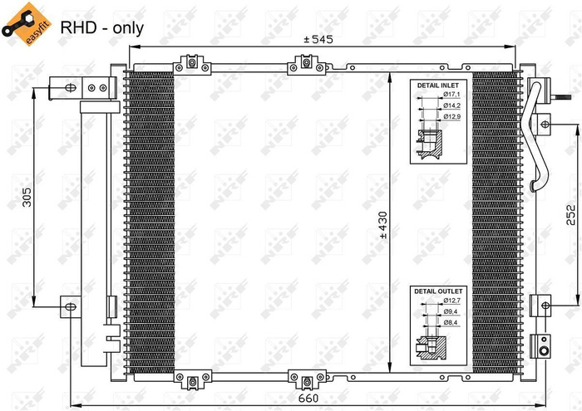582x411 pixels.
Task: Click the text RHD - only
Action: (101, 27)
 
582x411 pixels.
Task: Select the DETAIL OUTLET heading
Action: (436, 291)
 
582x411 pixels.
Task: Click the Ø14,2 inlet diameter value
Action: (452, 107)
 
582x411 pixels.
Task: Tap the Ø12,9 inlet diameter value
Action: (452, 117)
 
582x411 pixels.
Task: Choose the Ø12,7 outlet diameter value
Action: (452, 301)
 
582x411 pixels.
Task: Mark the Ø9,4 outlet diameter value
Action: (452, 311)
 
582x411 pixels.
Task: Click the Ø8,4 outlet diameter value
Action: (452, 321)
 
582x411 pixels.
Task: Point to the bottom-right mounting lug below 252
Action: (542, 345)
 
